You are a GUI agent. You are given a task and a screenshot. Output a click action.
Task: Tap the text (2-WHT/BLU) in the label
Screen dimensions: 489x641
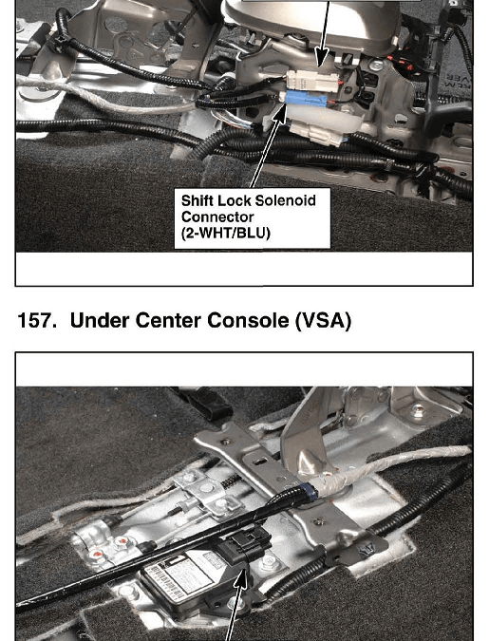pos(226,233)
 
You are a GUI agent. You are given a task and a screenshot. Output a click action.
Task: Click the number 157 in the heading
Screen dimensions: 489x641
pos(37,320)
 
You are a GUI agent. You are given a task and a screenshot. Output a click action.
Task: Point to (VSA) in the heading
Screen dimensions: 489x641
pos(323,320)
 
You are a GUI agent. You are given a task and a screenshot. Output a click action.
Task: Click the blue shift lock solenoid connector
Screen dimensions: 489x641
pos(306,99)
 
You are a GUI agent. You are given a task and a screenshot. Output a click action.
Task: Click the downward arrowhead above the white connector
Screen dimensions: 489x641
pos(322,59)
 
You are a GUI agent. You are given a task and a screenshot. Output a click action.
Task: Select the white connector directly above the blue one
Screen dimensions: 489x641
pos(312,81)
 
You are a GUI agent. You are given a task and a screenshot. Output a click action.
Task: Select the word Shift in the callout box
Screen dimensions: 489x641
pos(197,200)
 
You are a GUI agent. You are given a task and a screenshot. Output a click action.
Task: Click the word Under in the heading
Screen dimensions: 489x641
pos(100,320)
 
